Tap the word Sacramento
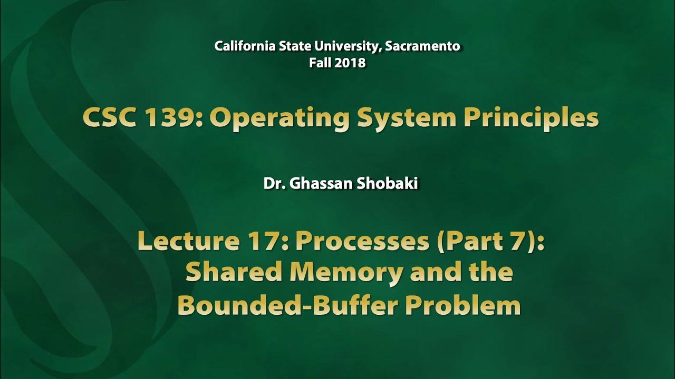tap(422, 46)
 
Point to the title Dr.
tap(272, 185)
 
